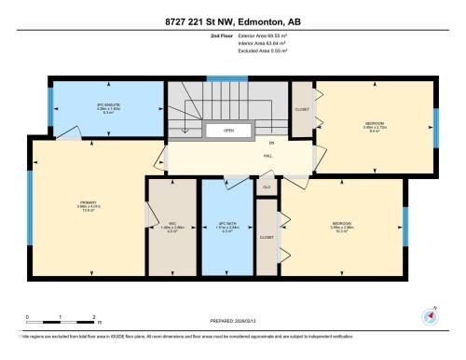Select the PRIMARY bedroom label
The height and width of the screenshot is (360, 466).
pos(89,207)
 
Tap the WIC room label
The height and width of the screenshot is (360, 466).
pos(171,223)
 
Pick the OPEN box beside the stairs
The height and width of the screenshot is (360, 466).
pos(227,132)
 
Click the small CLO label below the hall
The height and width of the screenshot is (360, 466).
pos(267,187)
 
